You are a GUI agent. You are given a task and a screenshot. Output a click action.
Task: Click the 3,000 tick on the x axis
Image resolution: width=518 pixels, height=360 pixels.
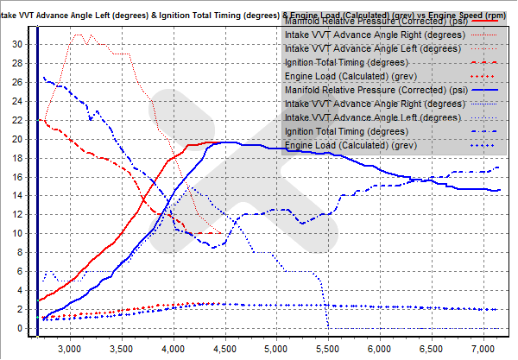70,349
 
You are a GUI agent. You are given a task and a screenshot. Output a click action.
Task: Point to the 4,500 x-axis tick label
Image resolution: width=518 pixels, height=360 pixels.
224,349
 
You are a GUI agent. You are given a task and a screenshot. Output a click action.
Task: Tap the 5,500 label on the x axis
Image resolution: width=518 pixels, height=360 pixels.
327,349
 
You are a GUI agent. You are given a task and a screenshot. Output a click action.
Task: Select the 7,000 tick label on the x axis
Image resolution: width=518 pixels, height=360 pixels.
481,349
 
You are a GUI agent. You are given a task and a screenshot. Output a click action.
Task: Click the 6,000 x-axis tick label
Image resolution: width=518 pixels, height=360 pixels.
378,349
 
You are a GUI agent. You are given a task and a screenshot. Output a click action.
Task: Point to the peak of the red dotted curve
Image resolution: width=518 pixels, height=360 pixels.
79,35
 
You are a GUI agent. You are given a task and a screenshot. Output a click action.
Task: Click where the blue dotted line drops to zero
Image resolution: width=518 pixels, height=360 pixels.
327,326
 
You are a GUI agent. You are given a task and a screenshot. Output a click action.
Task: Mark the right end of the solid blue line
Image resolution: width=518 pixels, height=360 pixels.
500,190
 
